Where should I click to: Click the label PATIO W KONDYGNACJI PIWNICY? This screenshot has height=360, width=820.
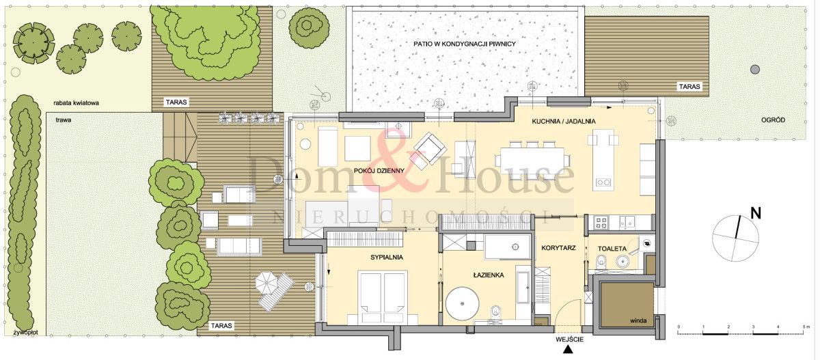465,44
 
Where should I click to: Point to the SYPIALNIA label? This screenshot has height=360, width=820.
387,258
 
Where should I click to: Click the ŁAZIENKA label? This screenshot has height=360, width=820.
489,275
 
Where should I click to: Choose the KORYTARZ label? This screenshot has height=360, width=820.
558,248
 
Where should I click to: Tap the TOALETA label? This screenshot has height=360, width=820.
612,249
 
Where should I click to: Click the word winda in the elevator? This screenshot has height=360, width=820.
638,321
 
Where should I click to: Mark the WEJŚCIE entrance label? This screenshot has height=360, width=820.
569,339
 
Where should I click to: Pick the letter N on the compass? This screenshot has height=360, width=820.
756,213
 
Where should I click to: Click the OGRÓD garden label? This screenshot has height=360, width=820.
773,120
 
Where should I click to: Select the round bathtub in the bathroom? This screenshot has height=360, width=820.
463,303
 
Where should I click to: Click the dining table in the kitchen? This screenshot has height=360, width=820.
530,161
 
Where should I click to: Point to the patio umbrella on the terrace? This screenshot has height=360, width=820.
266,282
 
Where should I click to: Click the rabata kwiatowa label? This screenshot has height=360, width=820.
76,102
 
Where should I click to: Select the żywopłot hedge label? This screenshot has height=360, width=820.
26,333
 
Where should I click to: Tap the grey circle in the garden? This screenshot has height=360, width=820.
755,69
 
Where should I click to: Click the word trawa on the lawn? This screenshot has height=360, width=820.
64,120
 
